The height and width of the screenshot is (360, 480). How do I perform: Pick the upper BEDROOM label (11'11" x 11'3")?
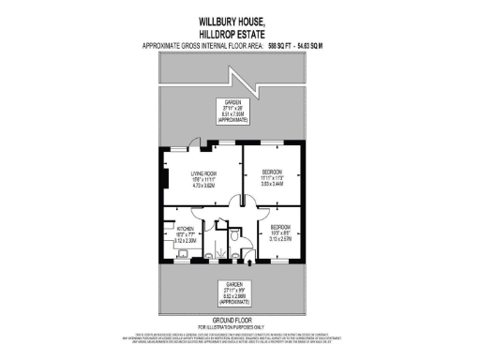coord(271,171)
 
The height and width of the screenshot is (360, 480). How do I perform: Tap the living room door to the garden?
coord(193,142)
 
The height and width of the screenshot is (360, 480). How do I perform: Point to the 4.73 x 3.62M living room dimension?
coord(196,186)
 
